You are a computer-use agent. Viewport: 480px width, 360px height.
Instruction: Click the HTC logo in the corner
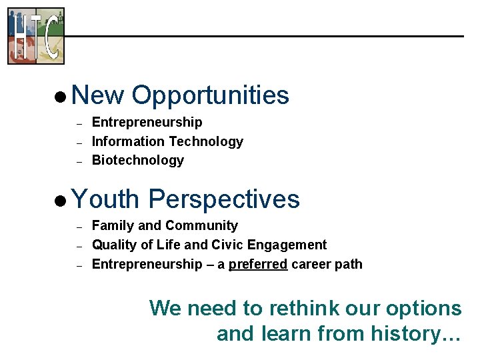click(36, 36)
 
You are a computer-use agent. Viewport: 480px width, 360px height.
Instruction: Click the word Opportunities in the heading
click(210, 95)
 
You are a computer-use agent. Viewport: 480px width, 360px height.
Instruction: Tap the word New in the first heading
click(97, 95)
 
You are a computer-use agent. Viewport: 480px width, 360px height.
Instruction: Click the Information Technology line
click(167, 141)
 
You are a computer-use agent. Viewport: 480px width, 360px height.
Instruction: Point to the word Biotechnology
click(137, 160)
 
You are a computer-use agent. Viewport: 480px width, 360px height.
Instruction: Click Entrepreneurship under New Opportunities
click(147, 122)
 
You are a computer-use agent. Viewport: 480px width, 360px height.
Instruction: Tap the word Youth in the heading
click(105, 199)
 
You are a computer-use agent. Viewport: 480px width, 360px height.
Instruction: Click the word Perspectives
click(224, 199)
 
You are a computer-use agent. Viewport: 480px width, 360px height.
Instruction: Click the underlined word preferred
click(258, 264)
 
